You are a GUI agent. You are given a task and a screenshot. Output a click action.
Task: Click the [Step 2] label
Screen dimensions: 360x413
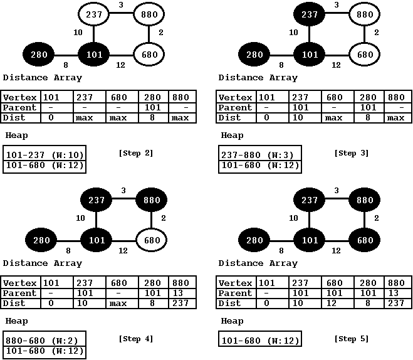135,153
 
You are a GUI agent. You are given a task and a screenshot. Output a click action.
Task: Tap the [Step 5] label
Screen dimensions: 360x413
352,339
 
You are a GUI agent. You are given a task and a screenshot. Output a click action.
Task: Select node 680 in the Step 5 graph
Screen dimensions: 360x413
364,240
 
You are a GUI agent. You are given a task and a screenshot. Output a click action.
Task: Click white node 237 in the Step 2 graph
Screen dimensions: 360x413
95,14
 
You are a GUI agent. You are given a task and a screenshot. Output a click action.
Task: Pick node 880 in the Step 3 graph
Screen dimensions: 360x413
364,14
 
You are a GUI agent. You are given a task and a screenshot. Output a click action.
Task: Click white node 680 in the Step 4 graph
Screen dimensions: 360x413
149,240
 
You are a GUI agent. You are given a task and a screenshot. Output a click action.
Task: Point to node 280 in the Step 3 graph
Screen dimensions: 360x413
255,55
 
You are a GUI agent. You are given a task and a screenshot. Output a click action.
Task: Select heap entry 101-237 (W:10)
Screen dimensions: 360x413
44,155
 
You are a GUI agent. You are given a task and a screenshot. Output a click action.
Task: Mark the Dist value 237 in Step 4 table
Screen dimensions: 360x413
182,303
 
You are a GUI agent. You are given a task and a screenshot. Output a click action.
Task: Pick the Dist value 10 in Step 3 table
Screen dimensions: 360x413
300,117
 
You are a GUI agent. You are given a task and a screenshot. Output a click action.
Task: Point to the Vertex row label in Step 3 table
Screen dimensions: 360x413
235,97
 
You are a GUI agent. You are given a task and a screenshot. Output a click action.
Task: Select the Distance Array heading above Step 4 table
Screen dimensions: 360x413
42,263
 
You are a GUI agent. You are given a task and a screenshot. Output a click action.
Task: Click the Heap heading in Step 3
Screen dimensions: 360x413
231,135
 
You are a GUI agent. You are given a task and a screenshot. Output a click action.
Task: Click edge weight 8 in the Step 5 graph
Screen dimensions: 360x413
282,250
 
